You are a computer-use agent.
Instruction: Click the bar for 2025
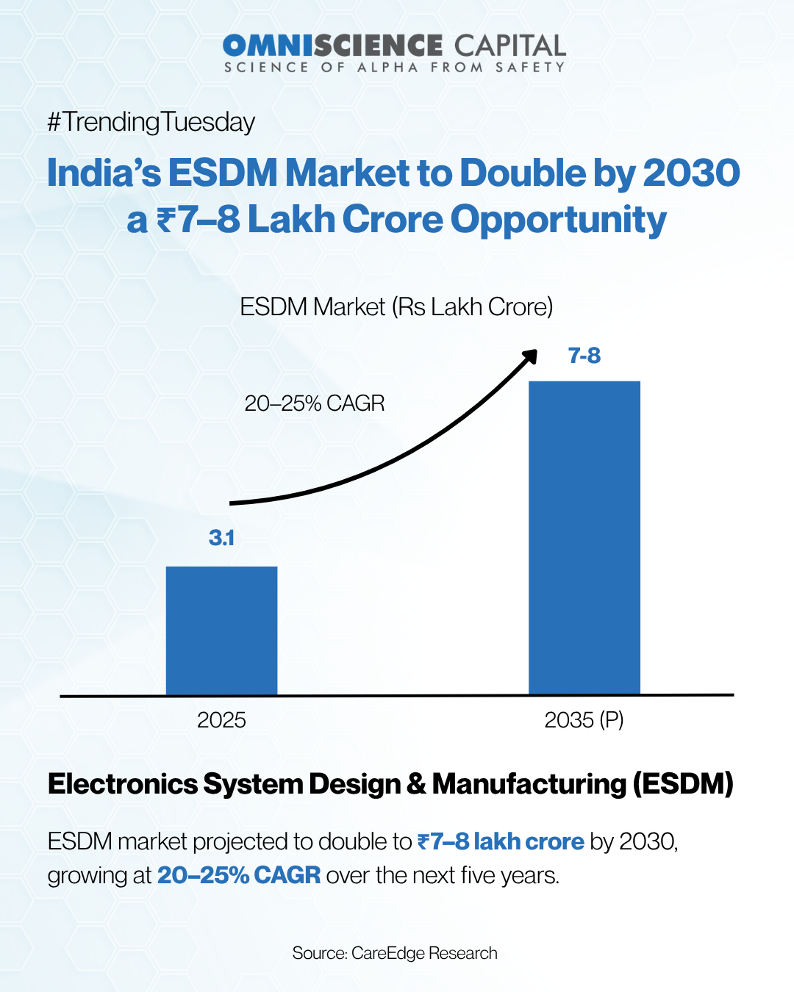point(221,630)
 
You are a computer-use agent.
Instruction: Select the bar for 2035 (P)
point(584,537)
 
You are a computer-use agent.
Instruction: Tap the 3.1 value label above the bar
point(221,538)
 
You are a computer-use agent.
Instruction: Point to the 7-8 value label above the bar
point(584,356)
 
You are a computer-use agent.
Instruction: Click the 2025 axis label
point(221,720)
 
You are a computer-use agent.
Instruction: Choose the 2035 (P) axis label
point(584,720)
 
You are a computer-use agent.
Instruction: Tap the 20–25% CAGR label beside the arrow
point(315,403)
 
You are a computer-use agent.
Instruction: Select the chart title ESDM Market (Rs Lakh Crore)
point(396,306)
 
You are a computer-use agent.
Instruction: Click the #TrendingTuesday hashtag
point(151,122)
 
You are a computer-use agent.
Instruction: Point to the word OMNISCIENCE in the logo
point(333,46)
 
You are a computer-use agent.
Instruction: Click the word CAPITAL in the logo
point(509,46)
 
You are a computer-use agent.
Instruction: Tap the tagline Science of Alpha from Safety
point(395,68)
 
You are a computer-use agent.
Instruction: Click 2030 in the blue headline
point(691,173)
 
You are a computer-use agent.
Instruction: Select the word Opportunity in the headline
point(558,220)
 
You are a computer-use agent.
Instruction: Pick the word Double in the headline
point(523,173)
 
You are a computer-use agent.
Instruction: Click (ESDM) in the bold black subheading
point(683,784)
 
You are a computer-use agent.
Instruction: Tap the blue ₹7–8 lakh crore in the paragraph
point(501,841)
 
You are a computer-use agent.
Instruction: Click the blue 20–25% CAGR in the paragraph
point(239,875)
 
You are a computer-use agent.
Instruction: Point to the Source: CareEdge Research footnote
point(395,953)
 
